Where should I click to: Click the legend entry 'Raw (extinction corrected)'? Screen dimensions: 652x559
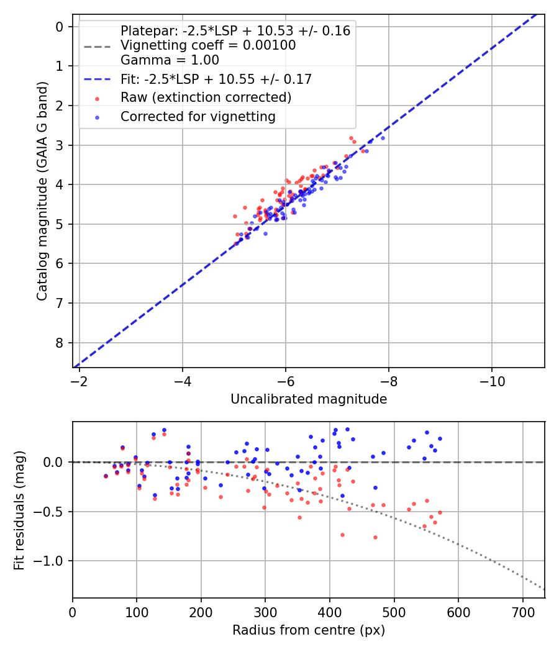click(206, 97)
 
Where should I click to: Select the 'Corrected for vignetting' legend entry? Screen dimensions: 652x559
click(198, 116)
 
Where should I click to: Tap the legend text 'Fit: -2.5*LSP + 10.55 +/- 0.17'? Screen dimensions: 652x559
click(216, 79)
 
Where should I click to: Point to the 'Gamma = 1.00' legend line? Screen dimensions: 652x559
click(170, 60)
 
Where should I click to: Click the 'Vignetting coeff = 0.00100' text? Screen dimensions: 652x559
click(208, 45)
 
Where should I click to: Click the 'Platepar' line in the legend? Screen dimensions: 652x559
click(235, 30)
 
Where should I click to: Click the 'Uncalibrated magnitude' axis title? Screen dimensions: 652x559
click(309, 399)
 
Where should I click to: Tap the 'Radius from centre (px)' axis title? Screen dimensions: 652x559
click(309, 630)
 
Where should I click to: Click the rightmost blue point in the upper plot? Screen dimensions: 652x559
click(383, 138)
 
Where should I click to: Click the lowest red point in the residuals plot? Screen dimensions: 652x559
click(375, 537)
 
